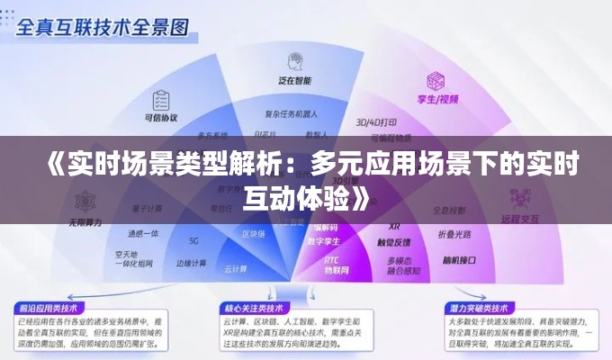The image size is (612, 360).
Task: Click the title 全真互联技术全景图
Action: click(103, 27)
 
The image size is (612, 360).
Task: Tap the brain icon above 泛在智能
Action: click(292, 61)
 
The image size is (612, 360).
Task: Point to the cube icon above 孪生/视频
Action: click(437, 80)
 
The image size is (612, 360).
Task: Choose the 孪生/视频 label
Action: click(438, 98)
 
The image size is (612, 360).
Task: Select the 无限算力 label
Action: click(85, 221)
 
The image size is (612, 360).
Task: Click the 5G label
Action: click(193, 241)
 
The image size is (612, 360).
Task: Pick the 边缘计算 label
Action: click(191, 264)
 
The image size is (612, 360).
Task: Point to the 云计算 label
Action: click(236, 268)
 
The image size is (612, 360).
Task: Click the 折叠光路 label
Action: click(454, 234)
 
